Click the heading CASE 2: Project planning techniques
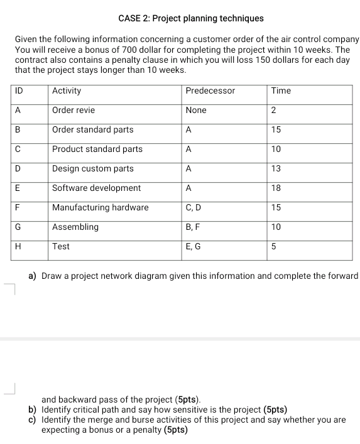point(181,19)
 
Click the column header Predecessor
point(210,91)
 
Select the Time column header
point(281,91)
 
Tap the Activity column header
point(67,91)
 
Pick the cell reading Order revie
point(74,111)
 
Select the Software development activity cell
point(96,188)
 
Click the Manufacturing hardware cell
point(101,208)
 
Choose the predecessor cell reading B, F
point(192,227)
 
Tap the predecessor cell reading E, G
point(193,247)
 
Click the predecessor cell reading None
point(196,111)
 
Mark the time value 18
point(276,188)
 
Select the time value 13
point(276,169)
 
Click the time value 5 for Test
point(274,247)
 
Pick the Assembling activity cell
point(75,227)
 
